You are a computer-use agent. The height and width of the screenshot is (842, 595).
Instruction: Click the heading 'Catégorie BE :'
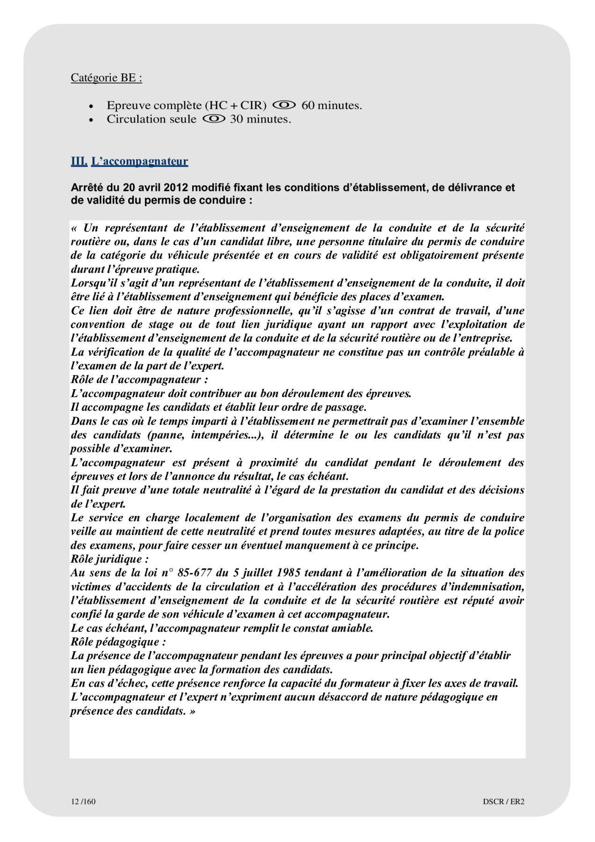click(x=106, y=78)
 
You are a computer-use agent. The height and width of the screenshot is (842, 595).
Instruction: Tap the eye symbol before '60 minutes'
click(x=284, y=105)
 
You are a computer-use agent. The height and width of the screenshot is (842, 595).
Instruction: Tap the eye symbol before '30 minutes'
click(x=214, y=119)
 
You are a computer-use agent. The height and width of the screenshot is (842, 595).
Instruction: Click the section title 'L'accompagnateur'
click(x=139, y=161)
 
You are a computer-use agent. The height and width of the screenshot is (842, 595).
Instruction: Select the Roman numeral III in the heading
click(x=79, y=161)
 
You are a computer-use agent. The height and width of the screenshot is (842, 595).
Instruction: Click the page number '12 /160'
click(x=83, y=801)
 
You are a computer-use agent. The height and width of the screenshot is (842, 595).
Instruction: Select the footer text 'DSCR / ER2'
click(x=503, y=801)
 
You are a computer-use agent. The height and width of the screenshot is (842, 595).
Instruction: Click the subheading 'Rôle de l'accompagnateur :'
click(x=139, y=379)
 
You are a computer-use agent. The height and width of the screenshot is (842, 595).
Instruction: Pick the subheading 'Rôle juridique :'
click(x=109, y=559)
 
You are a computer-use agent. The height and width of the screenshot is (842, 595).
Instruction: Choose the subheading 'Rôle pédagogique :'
click(x=118, y=642)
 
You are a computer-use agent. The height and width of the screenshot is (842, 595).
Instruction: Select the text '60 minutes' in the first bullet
click(x=331, y=105)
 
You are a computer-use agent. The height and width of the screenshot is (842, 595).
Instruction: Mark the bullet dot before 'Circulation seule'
click(x=92, y=120)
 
